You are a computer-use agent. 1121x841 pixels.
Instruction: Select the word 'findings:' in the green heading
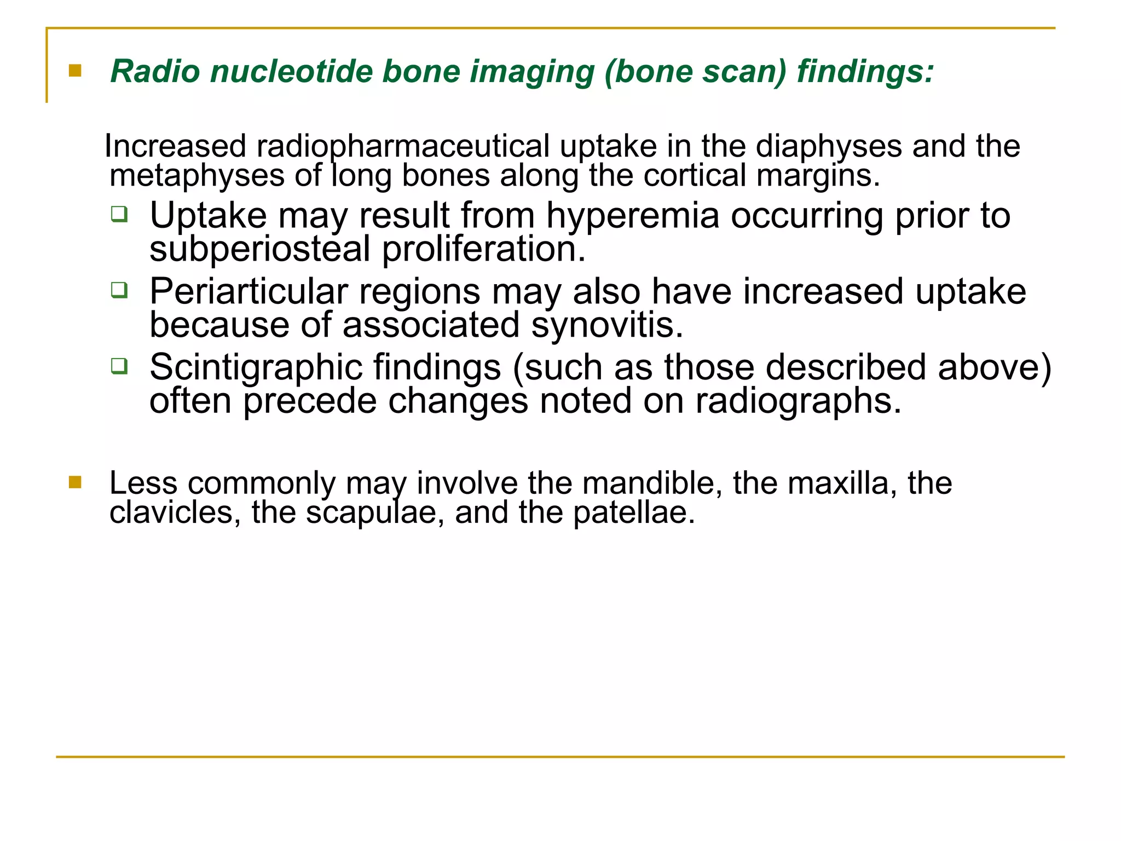coord(865,72)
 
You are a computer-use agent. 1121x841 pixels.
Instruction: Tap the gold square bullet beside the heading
coord(75,71)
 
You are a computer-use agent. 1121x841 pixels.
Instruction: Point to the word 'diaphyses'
coord(828,147)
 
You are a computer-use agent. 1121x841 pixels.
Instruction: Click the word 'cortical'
coord(695,176)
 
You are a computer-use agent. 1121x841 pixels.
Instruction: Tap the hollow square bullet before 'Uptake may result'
coord(119,214)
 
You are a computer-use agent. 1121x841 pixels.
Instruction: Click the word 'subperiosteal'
coord(260,249)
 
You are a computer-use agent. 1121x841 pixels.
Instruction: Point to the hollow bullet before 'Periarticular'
coord(119,290)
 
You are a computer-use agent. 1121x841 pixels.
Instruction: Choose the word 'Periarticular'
coord(249,291)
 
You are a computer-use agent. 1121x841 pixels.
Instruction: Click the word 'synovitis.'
coord(607,325)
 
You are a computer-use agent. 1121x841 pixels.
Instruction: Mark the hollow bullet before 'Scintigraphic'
coord(119,365)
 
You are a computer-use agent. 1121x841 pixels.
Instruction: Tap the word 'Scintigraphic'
coord(256,367)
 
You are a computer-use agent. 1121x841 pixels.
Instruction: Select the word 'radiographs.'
coord(798,401)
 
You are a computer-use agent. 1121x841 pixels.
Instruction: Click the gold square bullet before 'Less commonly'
coord(75,482)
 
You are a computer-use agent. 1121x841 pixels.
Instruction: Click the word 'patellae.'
coord(634,513)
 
